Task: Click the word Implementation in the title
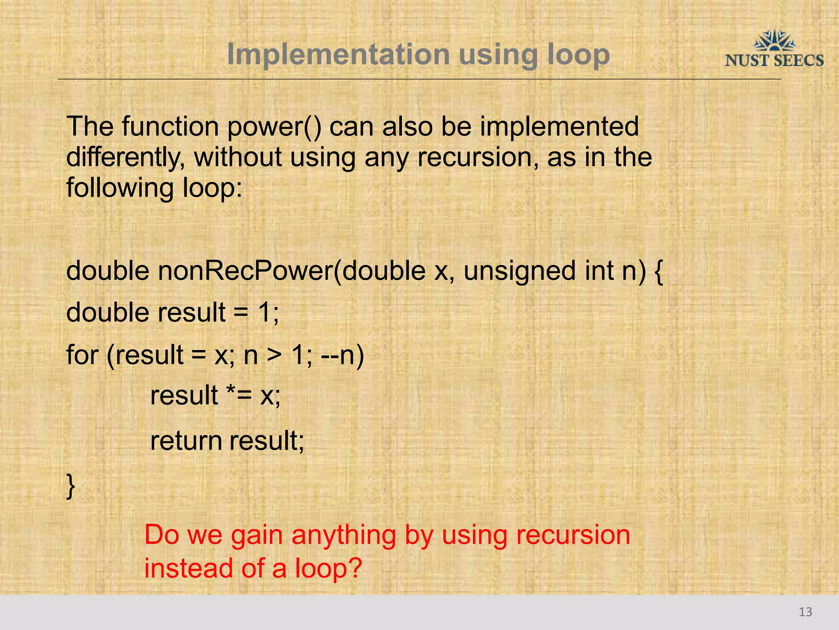pos(338,55)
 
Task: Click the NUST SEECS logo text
pos(774,61)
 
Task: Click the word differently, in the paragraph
pos(125,157)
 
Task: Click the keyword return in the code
pos(186,441)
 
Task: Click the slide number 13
pos(805,612)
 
